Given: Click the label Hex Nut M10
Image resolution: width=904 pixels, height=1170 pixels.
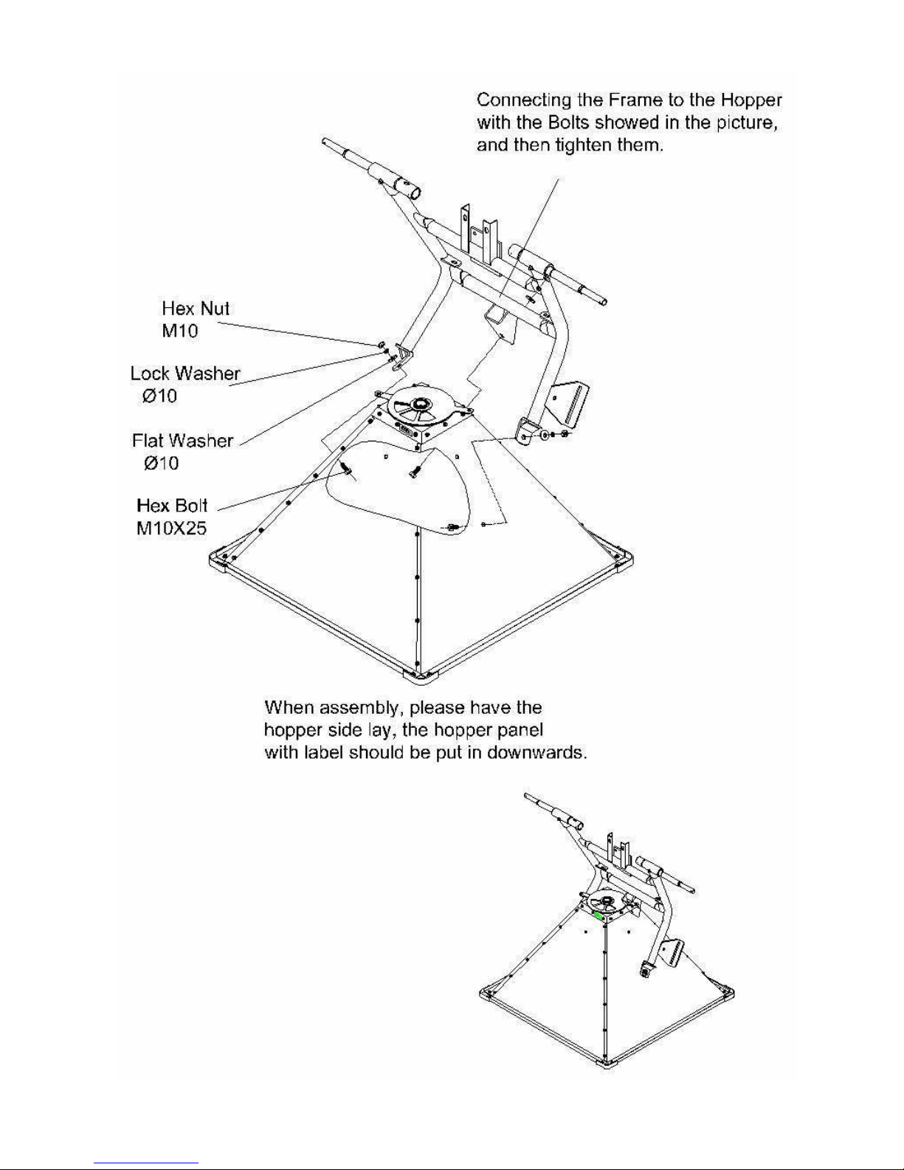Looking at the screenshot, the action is (x=196, y=320).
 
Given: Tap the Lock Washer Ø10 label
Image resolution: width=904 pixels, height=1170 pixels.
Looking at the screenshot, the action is (x=185, y=385).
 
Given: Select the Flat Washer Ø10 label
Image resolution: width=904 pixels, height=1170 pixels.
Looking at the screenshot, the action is (x=182, y=451).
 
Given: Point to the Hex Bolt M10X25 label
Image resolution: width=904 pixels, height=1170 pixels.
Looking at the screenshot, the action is (x=172, y=517).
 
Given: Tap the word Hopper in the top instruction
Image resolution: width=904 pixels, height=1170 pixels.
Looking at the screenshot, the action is (x=751, y=100).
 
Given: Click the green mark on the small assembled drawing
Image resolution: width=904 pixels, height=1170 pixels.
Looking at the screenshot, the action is (x=597, y=915).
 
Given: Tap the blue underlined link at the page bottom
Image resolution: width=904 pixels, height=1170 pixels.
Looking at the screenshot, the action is (x=146, y=1162).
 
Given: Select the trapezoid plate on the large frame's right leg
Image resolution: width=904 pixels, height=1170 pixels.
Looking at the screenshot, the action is (x=570, y=403).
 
